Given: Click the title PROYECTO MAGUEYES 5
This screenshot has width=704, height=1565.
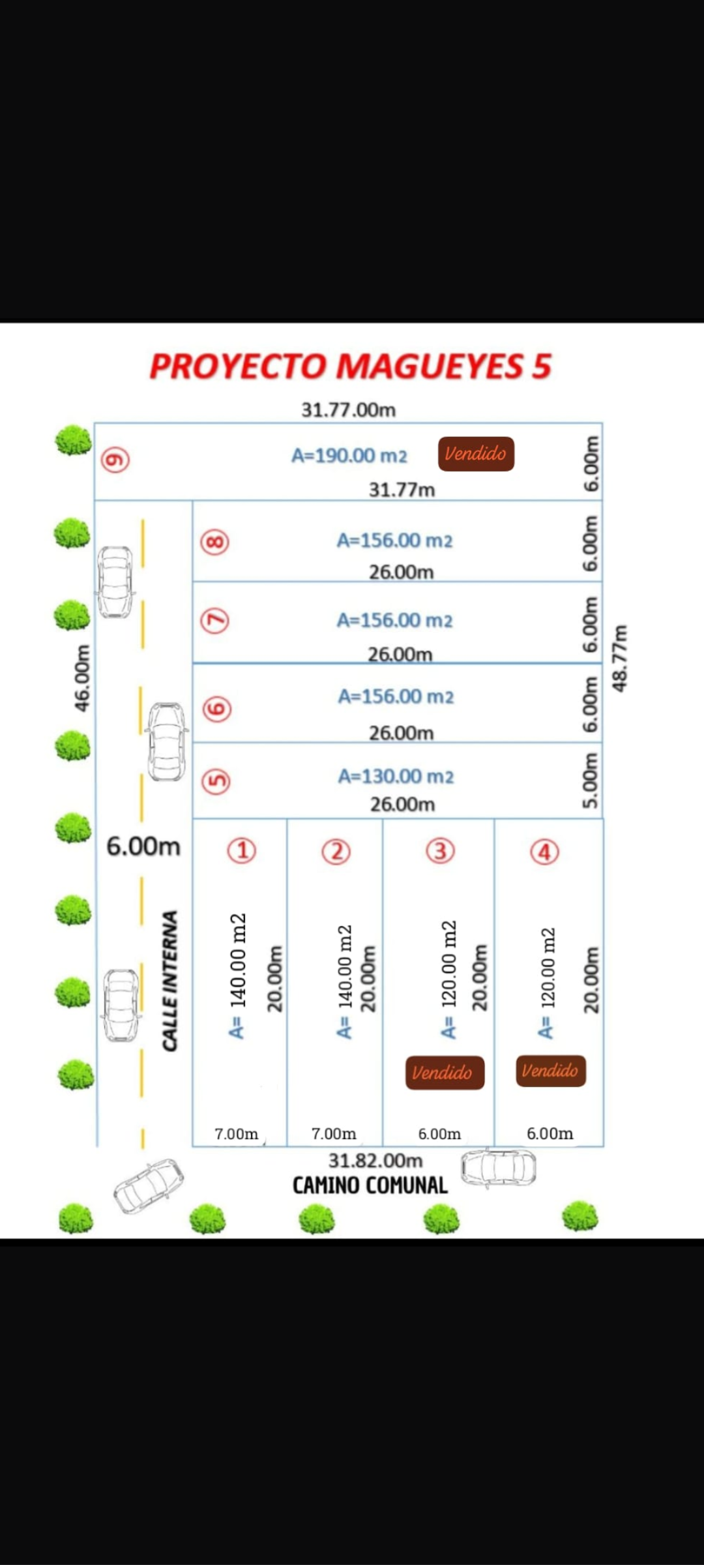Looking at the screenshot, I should (351, 366).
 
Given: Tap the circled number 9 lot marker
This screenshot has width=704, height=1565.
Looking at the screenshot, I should (115, 460).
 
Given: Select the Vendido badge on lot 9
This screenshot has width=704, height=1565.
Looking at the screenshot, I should (476, 454).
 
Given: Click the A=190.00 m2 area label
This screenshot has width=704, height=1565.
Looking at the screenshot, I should (349, 456).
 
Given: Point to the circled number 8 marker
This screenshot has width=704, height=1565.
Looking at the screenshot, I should (215, 542).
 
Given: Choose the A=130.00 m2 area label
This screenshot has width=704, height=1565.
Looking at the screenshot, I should (396, 777).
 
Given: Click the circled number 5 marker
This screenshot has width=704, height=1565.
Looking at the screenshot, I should (216, 781).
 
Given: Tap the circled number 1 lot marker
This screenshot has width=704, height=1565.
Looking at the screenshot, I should (242, 850).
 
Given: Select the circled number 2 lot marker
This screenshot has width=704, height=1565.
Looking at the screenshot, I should (336, 852).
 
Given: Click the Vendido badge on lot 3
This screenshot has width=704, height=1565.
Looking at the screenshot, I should (445, 1073).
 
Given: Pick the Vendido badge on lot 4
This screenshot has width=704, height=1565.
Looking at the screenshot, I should (551, 1071).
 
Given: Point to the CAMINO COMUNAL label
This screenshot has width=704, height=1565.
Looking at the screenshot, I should (370, 1185).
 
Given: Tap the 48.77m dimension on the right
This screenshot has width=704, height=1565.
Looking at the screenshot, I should (620, 659).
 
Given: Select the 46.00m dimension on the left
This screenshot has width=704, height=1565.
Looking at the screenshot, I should (82, 678).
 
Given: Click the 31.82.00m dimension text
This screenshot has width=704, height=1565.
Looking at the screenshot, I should (375, 1161).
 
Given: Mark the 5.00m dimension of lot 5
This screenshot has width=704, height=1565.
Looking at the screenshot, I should (590, 781).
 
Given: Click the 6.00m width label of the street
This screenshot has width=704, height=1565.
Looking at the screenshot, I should (143, 846).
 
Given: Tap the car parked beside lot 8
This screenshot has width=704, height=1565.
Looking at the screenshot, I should (115, 581).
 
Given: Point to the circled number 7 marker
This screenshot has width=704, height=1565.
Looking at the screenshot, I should (215, 620).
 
